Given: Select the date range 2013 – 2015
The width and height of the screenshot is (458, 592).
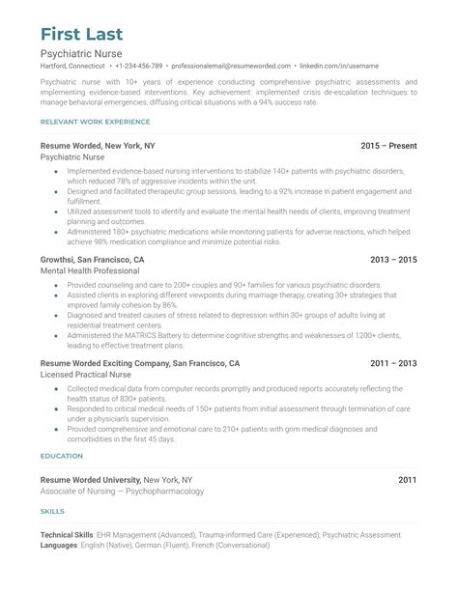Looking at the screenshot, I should point(393,260).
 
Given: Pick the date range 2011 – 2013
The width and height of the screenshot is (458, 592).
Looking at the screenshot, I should point(393,363).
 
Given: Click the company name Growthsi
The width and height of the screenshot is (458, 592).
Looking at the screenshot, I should point(62,260).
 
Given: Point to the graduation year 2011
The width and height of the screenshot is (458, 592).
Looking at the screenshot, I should point(407,479).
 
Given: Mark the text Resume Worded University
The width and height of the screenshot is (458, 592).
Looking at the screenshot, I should point(90,479).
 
